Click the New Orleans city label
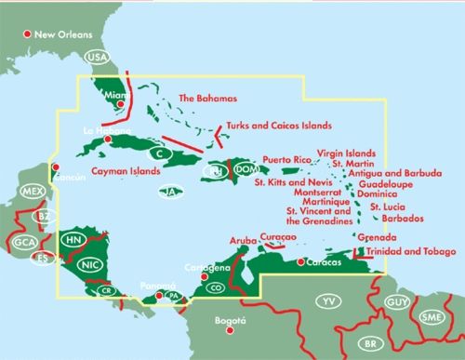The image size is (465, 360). tap(64, 35)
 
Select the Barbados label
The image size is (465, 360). tap(404, 219)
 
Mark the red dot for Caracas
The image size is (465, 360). tap(299, 262)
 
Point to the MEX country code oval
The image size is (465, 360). tap(33, 193)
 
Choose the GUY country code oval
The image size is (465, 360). tap(397, 303)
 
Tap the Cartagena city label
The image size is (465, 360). tap(207, 267)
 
